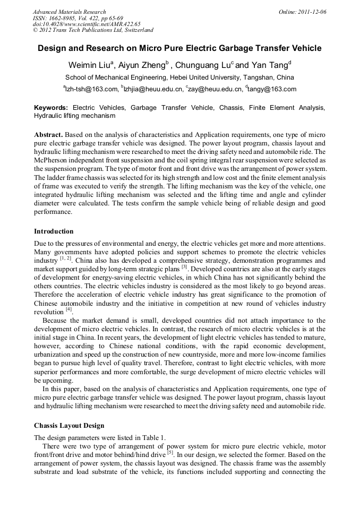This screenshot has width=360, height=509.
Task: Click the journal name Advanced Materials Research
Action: point(69,12)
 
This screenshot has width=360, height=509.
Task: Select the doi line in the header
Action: point(86,24)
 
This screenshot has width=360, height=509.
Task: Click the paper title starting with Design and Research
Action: point(179,48)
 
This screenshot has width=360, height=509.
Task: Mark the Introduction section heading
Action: point(54,231)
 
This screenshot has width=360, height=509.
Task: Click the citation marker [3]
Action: point(184,267)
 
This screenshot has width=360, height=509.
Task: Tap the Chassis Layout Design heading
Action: point(69,426)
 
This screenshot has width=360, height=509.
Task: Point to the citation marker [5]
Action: point(170,453)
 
